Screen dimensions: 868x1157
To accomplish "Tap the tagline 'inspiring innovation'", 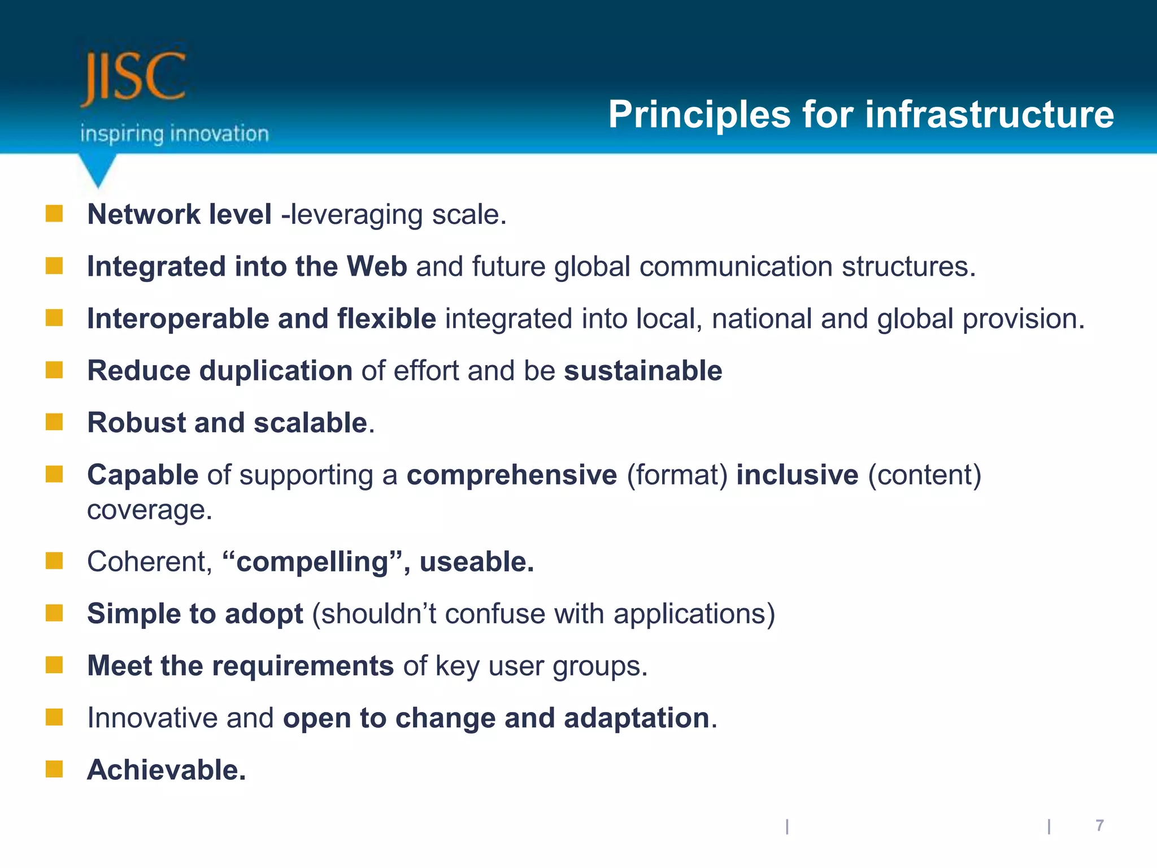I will pyautogui.click(x=174, y=134).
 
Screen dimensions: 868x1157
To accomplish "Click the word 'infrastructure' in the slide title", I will pyautogui.click(x=989, y=115).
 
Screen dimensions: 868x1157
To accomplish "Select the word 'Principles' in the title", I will pyautogui.click(x=699, y=115).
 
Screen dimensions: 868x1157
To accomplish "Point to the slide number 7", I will pyautogui.click(x=1099, y=826).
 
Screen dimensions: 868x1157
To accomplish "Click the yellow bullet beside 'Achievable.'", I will pyautogui.click(x=54, y=769).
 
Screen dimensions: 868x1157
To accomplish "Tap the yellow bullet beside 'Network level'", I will pyautogui.click(x=54, y=214).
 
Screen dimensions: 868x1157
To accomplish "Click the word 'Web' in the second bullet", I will pyautogui.click(x=377, y=266).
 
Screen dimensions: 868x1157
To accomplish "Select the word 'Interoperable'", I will pyautogui.click(x=178, y=319).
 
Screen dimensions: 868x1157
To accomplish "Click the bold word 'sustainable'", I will pyautogui.click(x=643, y=371).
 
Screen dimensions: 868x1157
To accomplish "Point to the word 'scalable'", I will pyautogui.click(x=311, y=423).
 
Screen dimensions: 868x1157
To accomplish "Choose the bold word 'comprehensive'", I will pyautogui.click(x=512, y=475).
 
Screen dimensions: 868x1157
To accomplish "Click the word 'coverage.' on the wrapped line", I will pyautogui.click(x=150, y=510).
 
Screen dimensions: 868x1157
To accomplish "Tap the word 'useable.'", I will pyautogui.click(x=477, y=562).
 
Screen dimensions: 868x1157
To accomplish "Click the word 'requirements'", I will pyautogui.click(x=303, y=666).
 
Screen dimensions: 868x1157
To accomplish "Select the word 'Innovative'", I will pyautogui.click(x=153, y=718).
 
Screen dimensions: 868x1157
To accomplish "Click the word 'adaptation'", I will pyautogui.click(x=637, y=718).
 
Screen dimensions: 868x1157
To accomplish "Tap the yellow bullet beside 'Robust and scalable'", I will pyautogui.click(x=54, y=422).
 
